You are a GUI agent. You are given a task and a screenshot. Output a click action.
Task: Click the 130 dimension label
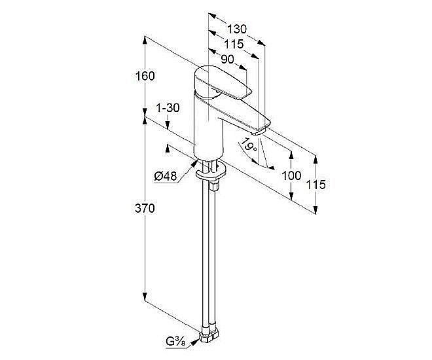[237, 29]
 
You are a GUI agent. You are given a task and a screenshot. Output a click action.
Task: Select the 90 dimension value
[227, 59]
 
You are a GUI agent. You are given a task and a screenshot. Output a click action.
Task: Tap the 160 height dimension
[145, 76]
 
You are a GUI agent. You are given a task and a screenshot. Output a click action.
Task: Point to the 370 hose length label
[145, 209]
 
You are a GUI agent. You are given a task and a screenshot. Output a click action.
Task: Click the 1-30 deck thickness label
[168, 108]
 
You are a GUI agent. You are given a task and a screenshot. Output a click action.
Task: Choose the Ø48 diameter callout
[166, 176]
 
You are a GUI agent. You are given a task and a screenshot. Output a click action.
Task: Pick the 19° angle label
[249, 145]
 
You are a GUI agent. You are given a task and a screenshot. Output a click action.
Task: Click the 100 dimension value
[291, 175]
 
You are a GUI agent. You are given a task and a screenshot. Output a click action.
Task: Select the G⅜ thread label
[176, 342]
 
